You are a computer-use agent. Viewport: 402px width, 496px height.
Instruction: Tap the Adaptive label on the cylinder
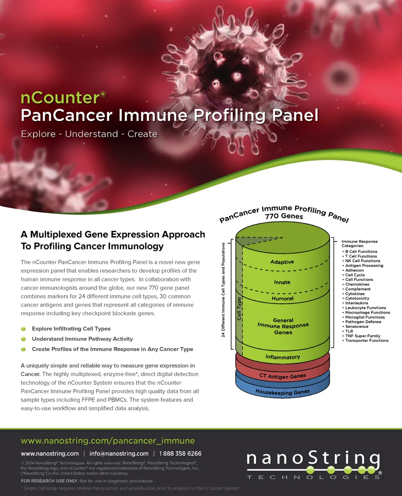point(282,262)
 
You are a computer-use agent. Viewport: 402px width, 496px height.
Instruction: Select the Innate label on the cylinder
point(282,282)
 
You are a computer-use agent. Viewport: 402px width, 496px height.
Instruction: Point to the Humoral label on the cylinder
point(283,298)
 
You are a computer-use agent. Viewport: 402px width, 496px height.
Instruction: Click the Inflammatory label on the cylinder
point(283,357)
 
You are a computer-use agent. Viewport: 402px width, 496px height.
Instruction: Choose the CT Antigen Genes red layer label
point(283,376)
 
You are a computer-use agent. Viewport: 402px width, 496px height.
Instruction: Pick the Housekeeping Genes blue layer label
point(283,392)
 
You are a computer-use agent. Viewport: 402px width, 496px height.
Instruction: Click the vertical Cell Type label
point(239,309)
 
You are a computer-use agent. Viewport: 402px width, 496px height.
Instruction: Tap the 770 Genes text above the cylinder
point(284,216)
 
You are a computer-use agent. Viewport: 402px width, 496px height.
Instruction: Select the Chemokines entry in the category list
point(357,284)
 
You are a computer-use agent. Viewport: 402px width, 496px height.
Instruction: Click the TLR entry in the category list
point(349,331)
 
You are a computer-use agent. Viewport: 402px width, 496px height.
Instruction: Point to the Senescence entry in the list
point(357,327)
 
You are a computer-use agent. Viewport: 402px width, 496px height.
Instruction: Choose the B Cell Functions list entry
point(361,251)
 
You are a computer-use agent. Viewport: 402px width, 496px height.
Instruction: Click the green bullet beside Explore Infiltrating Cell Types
point(23,329)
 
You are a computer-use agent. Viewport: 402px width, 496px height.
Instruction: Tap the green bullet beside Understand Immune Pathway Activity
point(23,339)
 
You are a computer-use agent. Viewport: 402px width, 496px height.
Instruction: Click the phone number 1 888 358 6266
point(180,454)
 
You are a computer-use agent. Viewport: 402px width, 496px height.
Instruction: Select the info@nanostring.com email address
point(119,454)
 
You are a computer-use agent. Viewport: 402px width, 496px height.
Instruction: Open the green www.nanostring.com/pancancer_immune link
point(108,441)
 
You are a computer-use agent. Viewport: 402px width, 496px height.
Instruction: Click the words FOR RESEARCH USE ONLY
point(49,481)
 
